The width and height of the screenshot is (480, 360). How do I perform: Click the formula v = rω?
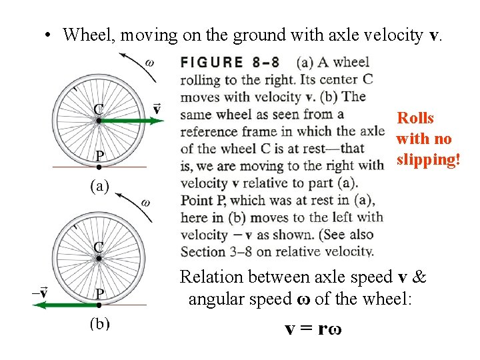click(x=312, y=329)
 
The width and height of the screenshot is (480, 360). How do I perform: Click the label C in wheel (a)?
click(x=98, y=109)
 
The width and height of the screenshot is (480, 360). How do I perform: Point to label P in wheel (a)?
click(x=99, y=155)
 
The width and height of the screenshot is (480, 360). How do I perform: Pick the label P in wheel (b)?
click(x=99, y=293)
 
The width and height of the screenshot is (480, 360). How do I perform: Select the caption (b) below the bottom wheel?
click(x=100, y=326)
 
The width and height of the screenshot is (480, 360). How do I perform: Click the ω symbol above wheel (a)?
click(x=149, y=63)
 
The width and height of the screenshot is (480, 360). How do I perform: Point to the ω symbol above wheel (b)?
click(x=146, y=203)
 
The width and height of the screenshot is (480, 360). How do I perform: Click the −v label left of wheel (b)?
click(x=39, y=292)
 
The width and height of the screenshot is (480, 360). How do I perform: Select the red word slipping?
click(x=424, y=160)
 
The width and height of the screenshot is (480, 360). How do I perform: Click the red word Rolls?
click(x=415, y=119)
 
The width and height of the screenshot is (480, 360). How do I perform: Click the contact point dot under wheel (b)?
click(x=99, y=305)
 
